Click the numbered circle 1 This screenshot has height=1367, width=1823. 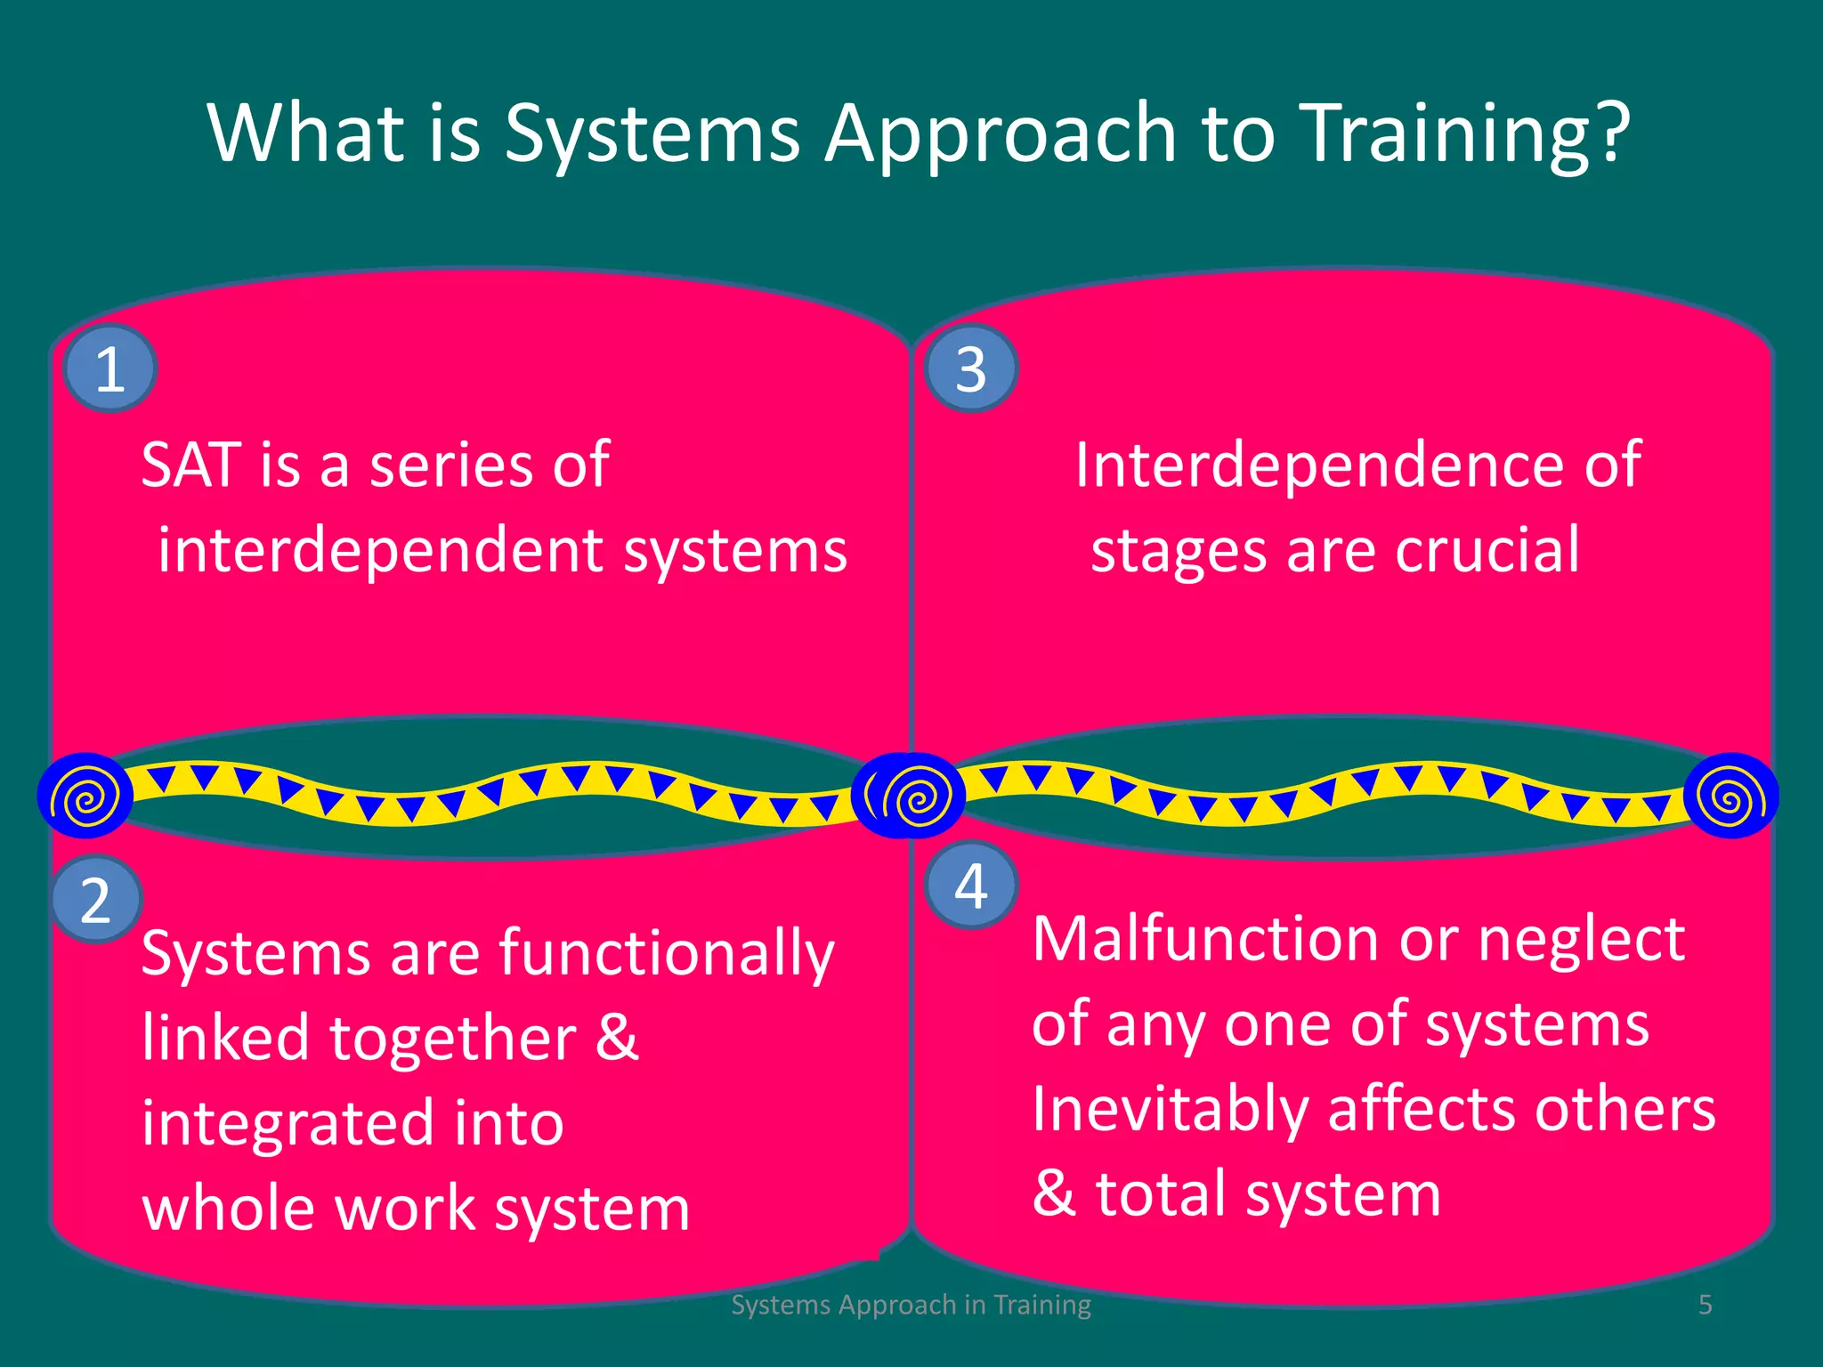(110, 368)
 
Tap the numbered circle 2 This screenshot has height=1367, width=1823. (96, 900)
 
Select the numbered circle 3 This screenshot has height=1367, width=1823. (971, 368)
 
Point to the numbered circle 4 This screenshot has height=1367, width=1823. (971, 886)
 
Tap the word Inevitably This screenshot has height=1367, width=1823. (1170, 1110)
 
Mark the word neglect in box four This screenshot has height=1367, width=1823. (1581, 939)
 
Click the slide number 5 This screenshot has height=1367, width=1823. (1705, 1305)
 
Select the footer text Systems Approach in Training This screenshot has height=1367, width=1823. (911, 1305)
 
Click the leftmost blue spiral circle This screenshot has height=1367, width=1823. (85, 797)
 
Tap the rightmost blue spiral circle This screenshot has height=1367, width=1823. (1730, 797)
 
